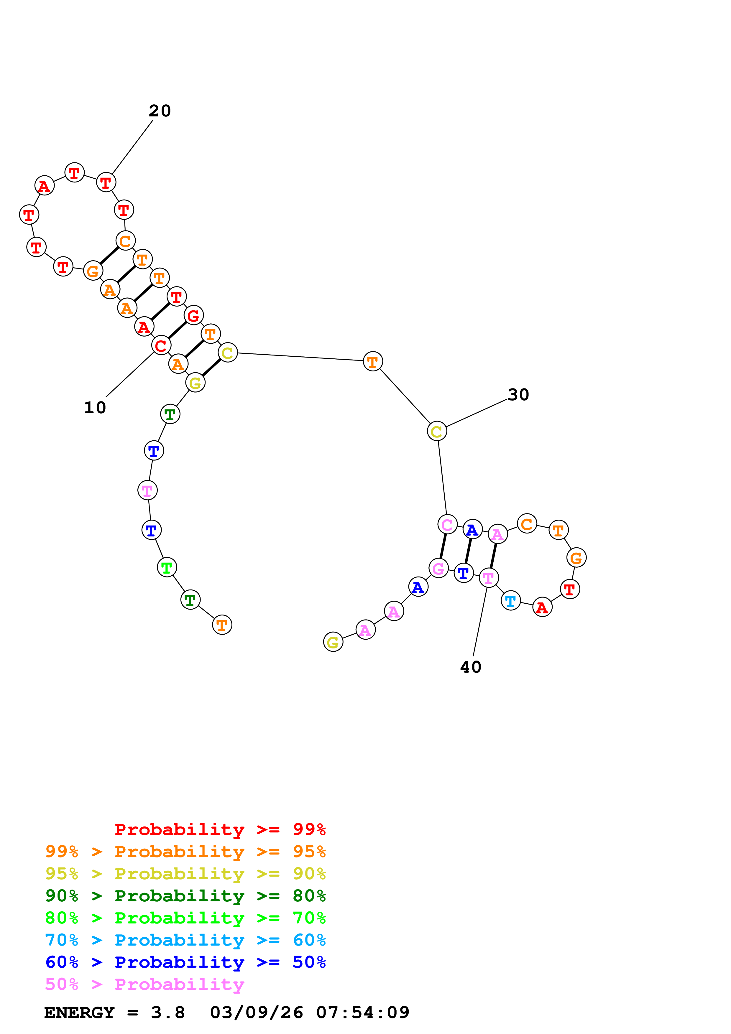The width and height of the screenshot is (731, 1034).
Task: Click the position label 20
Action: click(x=160, y=111)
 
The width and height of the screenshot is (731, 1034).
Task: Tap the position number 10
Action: click(x=95, y=408)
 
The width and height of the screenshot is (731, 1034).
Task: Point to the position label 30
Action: click(x=518, y=394)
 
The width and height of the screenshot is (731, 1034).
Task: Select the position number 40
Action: click(x=471, y=667)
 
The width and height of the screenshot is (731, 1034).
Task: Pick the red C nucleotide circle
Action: click(x=161, y=345)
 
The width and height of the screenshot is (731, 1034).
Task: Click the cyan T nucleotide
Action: click(x=510, y=601)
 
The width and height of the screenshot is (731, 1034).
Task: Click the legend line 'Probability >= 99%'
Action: click(x=220, y=829)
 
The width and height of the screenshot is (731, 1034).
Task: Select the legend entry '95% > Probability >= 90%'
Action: click(x=185, y=874)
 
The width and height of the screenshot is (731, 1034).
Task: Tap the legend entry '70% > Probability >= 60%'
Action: click(x=185, y=940)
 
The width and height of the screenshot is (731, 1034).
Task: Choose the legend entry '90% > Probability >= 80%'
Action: click(x=185, y=896)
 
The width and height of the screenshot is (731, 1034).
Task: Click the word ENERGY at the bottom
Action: click(x=79, y=1012)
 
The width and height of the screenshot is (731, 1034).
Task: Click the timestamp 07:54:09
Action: click(x=363, y=1012)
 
